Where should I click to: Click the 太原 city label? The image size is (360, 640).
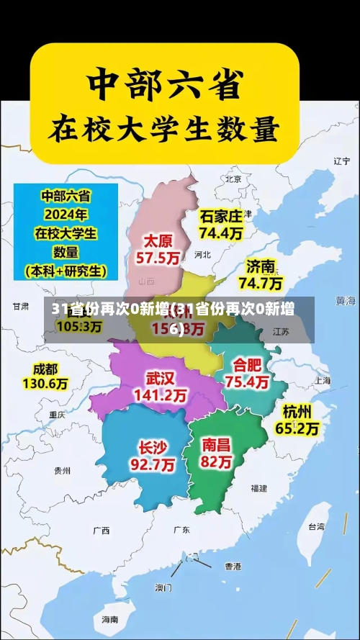click(160, 240)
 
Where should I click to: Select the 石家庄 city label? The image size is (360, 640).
click(221, 216)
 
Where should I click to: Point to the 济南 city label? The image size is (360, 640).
click(261, 266)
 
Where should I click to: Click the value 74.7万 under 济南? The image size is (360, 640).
click(261, 283)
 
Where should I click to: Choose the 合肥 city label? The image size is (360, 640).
click(247, 365)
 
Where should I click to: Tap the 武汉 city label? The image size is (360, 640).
click(161, 378)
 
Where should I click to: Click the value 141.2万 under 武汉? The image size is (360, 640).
click(161, 395)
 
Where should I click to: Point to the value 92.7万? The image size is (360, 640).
click(152, 465)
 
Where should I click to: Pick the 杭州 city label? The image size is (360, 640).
click(297, 412)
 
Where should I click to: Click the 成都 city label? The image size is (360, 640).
click(45, 369)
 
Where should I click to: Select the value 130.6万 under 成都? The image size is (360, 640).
click(45, 385)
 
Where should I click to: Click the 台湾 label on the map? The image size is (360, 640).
click(316, 526)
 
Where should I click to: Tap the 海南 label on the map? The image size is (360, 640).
click(109, 619)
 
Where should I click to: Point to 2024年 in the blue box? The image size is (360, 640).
click(66, 215)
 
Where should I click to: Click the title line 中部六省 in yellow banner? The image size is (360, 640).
click(164, 85)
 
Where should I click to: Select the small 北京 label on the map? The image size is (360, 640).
click(233, 179)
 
